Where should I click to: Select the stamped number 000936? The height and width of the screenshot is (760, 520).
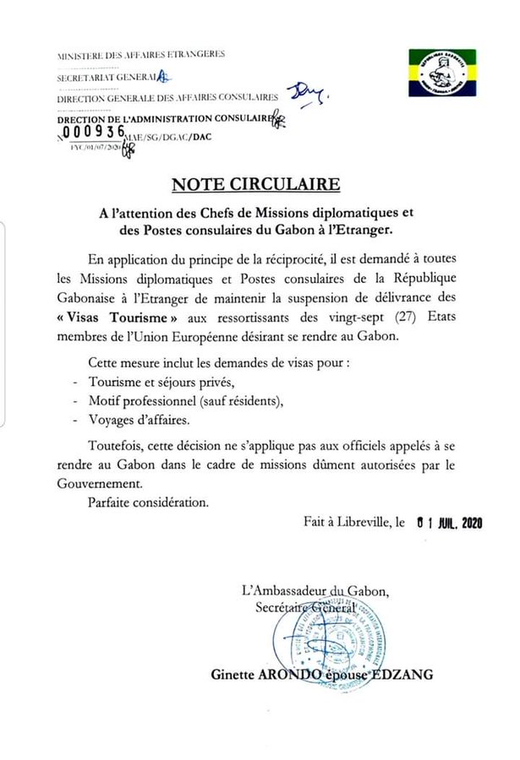[93, 133]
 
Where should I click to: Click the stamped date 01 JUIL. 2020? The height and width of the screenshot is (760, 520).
[450, 524]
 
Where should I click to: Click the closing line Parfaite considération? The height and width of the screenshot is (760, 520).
[146, 502]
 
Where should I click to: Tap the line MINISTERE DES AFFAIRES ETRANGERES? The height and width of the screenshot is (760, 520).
[140, 55]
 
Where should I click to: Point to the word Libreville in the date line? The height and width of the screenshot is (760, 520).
[356, 524]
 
